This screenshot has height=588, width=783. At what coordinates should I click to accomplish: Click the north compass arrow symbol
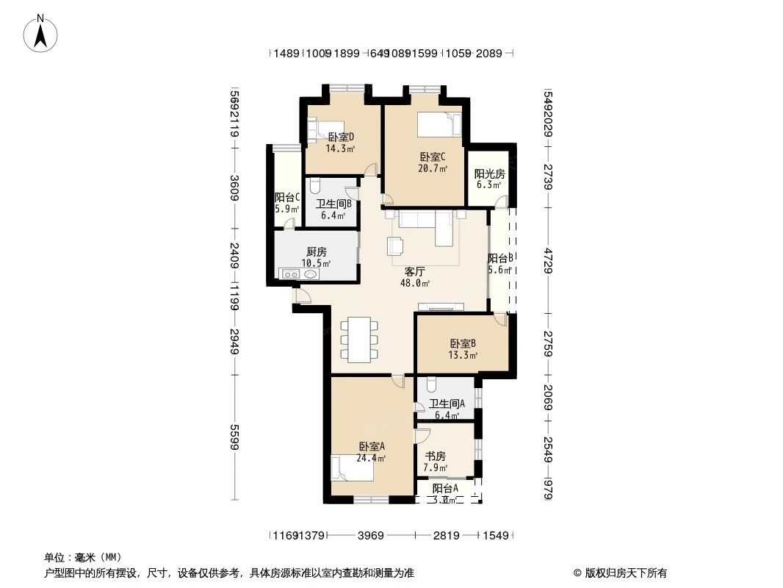pos(40,32)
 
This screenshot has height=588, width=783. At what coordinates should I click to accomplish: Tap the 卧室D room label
pos(341,142)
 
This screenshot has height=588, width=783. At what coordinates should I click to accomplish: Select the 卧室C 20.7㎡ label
pos(432,162)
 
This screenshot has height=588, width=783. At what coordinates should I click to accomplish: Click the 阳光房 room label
pos(489,179)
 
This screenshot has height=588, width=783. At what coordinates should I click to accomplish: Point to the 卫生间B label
pos(333,210)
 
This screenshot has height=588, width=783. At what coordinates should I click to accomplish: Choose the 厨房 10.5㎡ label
pos(316,257)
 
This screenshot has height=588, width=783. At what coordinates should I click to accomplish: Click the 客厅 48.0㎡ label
pos(415,276)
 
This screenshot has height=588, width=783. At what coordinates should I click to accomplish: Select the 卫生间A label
pos(447,409)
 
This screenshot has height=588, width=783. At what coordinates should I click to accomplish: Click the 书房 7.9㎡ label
pos(435,462)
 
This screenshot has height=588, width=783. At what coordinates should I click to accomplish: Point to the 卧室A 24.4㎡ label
pos(372,451)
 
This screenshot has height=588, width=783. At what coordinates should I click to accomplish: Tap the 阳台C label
pos(286,203)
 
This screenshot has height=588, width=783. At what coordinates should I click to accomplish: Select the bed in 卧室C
pos(439,124)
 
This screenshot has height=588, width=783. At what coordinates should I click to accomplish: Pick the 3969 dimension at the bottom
pos(371,536)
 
